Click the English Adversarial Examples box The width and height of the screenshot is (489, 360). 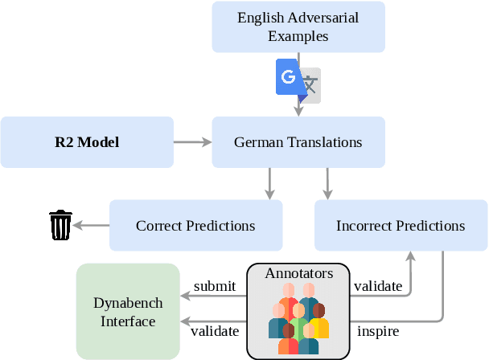tap(298, 27)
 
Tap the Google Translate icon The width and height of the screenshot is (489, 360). tap(298, 80)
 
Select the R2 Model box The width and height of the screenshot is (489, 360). tap(87, 142)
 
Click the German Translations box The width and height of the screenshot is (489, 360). tap(298, 142)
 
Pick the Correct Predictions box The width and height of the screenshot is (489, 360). tap(195, 225)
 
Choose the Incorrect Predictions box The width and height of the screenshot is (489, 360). tap(401, 225)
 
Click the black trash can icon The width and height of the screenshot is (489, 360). tap(60, 225)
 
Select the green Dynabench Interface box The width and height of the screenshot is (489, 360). tap(128, 311)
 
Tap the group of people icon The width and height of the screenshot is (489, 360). tap(298, 320)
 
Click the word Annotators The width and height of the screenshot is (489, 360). tap(298, 274)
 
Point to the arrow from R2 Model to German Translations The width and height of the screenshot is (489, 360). tap(192, 143)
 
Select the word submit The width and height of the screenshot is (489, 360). tap(215, 286)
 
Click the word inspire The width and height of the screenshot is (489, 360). tap(377, 329)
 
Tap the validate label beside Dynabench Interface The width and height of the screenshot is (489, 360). tap(215, 329)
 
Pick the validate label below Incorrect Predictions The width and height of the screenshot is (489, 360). tap(377, 286)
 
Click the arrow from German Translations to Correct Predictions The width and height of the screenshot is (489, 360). tap(269, 183)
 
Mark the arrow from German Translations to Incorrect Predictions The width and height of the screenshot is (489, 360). tap(327, 183)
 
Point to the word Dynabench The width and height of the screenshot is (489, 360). tap(128, 303)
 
